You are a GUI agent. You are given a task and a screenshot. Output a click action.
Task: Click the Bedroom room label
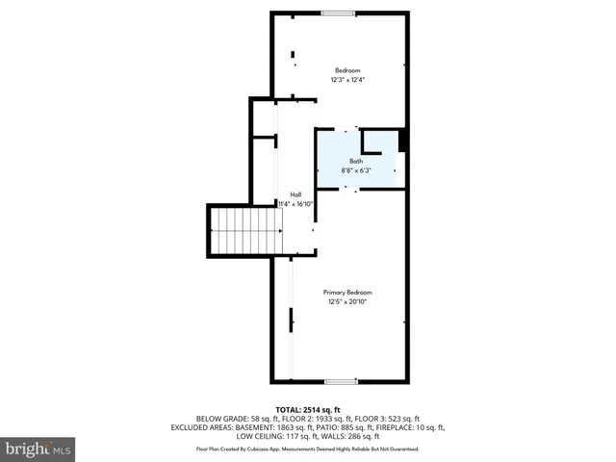347,70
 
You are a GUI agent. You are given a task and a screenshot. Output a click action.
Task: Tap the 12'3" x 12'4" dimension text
347,80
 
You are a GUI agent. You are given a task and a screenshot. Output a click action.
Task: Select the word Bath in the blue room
356,161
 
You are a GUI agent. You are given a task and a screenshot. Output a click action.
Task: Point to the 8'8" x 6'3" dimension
356,170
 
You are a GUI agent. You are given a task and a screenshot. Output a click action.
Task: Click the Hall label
295,194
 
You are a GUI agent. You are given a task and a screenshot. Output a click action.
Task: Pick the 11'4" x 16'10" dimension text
296,204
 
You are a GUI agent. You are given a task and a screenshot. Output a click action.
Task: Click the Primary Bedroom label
347,293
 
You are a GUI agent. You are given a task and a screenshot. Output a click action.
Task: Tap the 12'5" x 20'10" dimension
347,302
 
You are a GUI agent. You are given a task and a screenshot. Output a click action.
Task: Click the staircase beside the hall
245,231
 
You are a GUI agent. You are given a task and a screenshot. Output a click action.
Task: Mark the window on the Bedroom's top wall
336,13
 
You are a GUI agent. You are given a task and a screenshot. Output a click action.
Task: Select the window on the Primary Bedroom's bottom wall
341,382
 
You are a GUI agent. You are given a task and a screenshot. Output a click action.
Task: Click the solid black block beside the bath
403,141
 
